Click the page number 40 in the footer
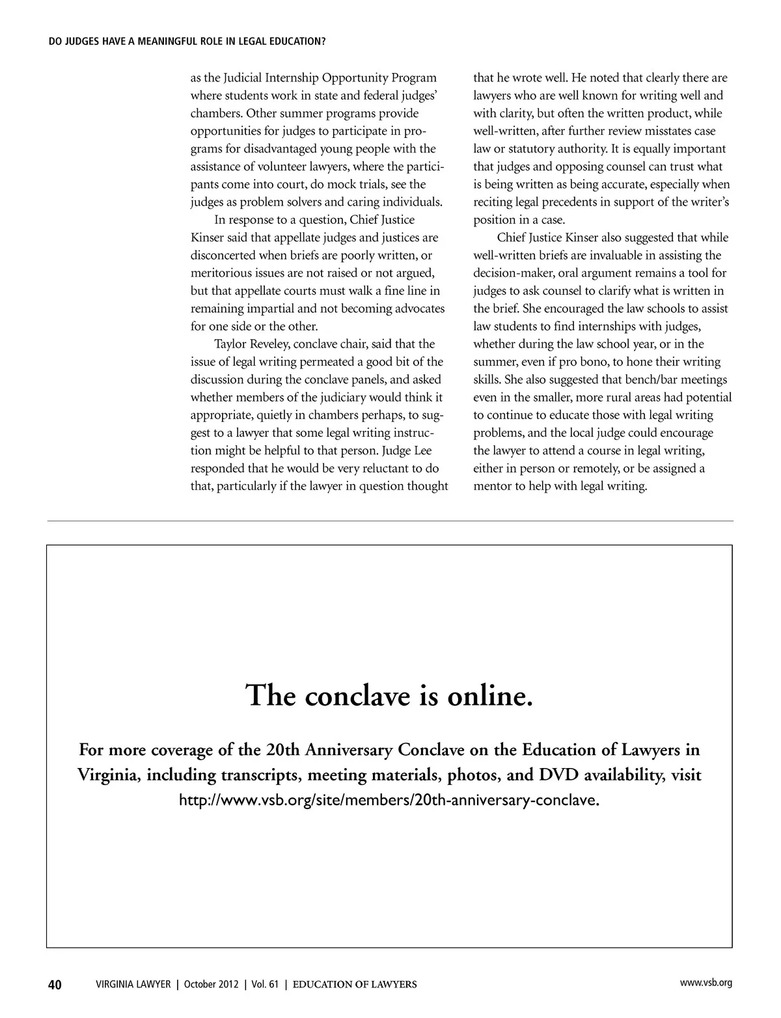(x=55, y=984)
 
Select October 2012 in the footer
(x=212, y=984)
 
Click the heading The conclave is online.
(x=390, y=695)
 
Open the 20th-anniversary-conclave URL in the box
(x=389, y=800)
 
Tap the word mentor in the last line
(x=492, y=486)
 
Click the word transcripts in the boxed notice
(x=261, y=775)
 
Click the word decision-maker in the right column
(x=514, y=273)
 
